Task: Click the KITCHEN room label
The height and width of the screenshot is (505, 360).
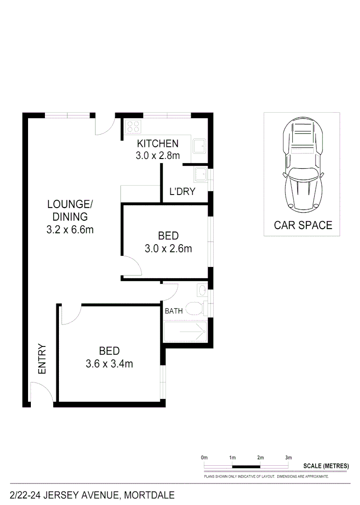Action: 157,144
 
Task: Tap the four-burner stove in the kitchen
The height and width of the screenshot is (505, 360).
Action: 133,127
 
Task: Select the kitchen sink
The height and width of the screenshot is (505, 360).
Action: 200,145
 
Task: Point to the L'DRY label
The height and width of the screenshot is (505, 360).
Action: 182,192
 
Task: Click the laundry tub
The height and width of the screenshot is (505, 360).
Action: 201,174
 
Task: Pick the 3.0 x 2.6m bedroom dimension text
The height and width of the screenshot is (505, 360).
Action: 168,249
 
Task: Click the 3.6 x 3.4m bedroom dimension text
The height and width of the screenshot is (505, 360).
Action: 109,363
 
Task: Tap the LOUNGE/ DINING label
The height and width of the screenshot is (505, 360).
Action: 70,210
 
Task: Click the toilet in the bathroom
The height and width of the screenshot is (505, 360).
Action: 195,308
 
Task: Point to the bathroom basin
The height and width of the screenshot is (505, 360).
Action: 202,290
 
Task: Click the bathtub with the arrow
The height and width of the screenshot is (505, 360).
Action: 185,332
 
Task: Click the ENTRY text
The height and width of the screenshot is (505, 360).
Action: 42,359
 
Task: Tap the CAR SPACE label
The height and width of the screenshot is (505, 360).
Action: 302,225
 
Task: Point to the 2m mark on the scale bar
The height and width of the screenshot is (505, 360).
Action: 260,457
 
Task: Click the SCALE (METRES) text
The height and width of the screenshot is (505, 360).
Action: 326,466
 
